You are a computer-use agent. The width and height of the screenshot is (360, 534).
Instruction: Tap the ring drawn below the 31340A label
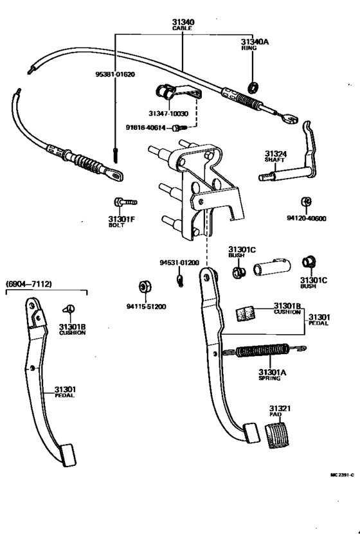pos(253,87)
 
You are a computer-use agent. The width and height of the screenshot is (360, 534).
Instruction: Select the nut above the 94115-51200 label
pos(145,286)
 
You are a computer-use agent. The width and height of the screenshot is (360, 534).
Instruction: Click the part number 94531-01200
pos(179,263)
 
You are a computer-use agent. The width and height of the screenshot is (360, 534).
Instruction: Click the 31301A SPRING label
pos(270,375)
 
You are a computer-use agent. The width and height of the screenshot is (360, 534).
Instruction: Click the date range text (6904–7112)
pos(29,283)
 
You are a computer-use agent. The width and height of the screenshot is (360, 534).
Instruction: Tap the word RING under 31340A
pos(249,48)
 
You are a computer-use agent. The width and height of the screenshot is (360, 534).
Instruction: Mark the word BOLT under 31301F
pos(117,226)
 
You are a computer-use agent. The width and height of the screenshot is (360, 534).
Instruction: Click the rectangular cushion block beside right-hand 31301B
pos(246,312)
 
